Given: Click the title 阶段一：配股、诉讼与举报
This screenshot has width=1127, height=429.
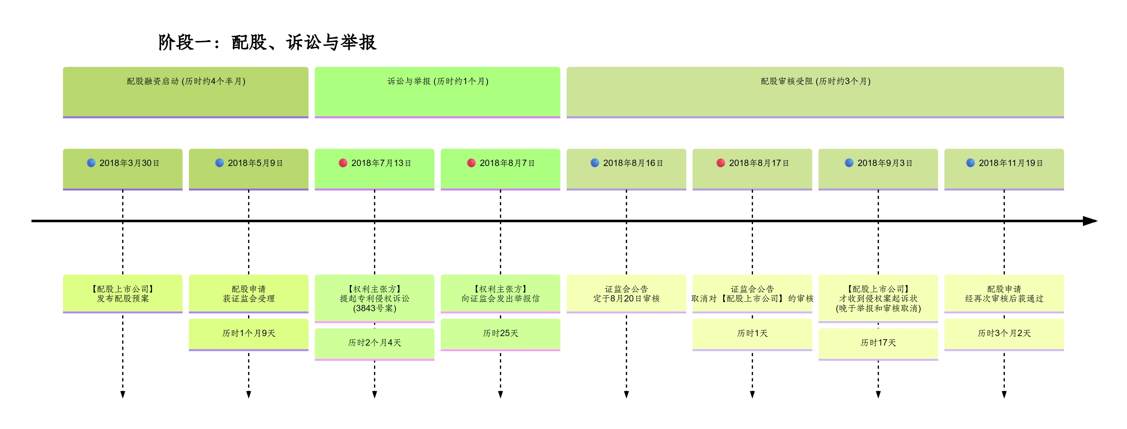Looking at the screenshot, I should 267,43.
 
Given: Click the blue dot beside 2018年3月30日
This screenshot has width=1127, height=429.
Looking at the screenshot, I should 91,163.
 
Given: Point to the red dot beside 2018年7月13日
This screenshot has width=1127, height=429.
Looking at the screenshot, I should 343,163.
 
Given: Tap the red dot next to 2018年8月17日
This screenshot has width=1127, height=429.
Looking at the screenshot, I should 721,163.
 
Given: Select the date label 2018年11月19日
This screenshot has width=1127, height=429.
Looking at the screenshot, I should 1010,163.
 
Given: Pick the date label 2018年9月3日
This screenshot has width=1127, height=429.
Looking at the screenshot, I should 884,163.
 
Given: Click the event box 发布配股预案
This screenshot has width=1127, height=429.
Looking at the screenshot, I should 122,294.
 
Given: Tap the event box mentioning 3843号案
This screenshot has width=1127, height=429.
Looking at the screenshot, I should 375,299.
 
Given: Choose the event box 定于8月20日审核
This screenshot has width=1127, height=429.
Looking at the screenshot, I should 626,294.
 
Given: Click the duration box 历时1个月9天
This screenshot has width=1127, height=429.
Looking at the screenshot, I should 248,334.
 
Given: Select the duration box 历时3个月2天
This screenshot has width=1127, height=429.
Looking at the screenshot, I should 1004,334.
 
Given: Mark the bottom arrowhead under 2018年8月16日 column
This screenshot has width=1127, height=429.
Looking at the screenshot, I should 626,394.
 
